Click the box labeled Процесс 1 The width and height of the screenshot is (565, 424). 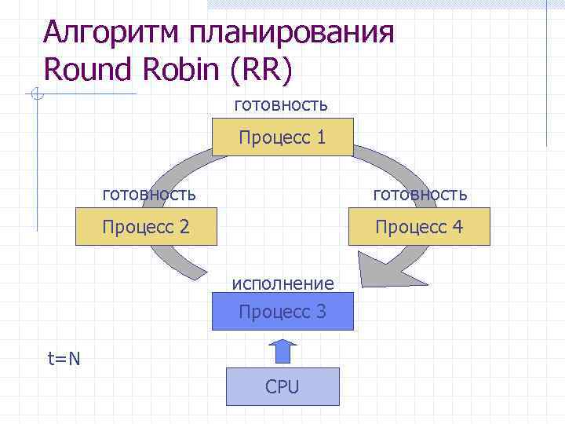click(x=282, y=138)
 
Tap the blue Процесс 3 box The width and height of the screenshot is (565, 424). click(x=282, y=312)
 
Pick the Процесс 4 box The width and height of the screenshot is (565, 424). click(x=420, y=227)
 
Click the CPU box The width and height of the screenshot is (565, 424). click(x=282, y=386)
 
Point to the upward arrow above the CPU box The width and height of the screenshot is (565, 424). click(x=283, y=350)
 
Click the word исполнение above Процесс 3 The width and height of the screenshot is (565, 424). click(x=282, y=283)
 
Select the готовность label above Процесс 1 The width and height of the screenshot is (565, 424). click(x=281, y=104)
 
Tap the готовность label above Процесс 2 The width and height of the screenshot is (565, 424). click(x=149, y=192)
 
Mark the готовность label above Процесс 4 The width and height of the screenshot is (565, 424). click(x=420, y=193)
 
